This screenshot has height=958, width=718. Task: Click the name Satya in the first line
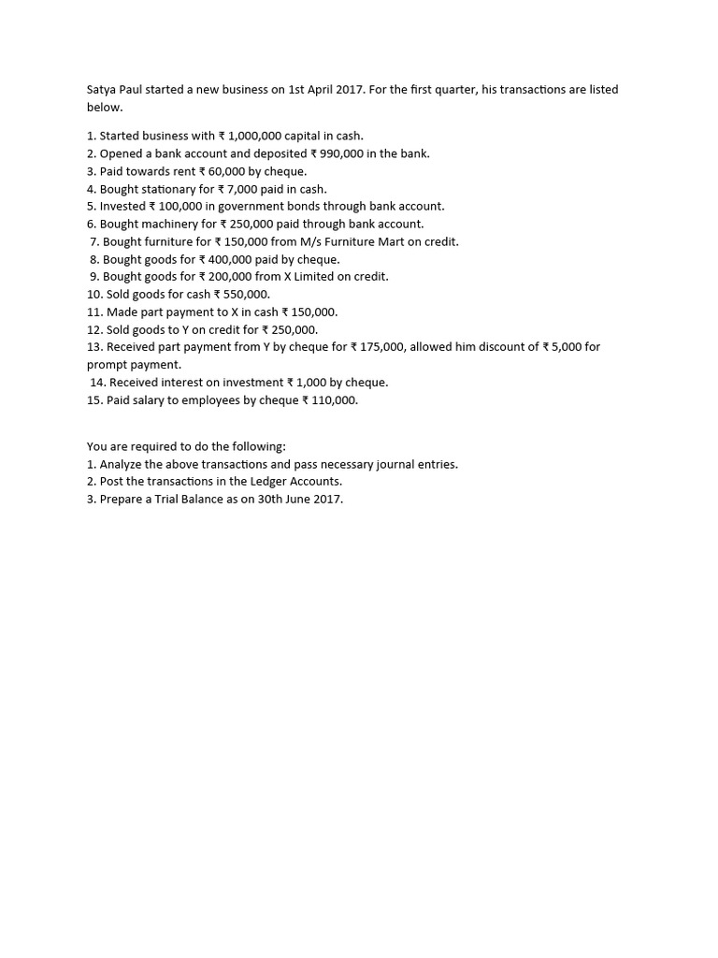[x=102, y=90]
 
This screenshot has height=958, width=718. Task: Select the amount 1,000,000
[x=254, y=136]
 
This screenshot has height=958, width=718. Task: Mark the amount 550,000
[x=245, y=295]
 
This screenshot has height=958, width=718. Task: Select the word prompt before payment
[x=108, y=365]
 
